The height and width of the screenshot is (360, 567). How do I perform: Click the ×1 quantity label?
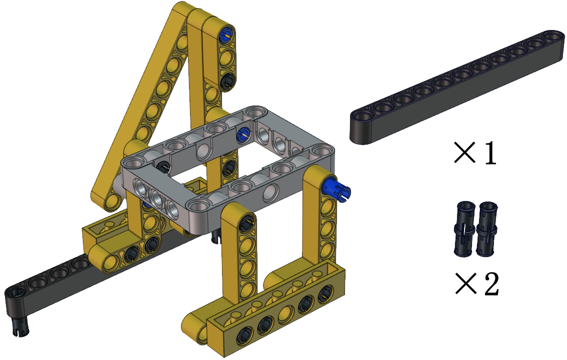(x=475, y=153)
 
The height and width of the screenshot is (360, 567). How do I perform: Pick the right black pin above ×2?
(x=486, y=229)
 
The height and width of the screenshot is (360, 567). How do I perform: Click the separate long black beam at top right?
(x=457, y=87)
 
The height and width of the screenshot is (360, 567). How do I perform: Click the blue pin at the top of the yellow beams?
(x=226, y=35)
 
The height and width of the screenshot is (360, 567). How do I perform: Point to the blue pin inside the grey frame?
(x=242, y=134)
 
